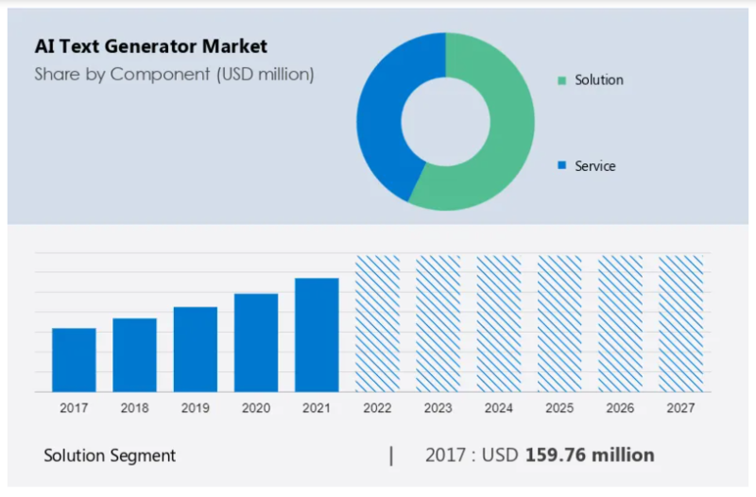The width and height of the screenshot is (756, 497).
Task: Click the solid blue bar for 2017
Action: tap(74, 360)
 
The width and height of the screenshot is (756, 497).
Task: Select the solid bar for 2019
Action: tap(196, 350)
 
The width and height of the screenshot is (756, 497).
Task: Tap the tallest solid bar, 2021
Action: tap(317, 334)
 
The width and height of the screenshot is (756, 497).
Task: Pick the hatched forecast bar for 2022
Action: tap(377, 323)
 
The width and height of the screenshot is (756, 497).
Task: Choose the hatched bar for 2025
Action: tap(559, 323)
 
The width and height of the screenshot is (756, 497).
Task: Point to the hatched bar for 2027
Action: tap(680, 323)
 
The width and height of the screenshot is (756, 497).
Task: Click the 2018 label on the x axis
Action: tap(134, 408)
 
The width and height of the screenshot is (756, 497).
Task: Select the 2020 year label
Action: tap(256, 408)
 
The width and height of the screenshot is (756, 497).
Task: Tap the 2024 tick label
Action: tap(499, 408)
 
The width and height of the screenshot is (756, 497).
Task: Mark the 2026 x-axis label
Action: tap(620, 408)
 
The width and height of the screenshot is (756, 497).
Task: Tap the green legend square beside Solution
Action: tap(561, 80)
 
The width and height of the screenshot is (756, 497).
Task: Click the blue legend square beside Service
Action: tap(561, 165)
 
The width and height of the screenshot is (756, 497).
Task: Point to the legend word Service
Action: tap(595, 166)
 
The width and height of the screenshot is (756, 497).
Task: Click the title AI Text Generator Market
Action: tap(151, 45)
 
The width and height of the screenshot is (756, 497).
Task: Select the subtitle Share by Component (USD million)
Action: tap(174, 74)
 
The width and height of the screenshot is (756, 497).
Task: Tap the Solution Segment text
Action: tap(110, 455)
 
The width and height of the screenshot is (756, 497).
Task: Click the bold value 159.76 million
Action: tap(590, 455)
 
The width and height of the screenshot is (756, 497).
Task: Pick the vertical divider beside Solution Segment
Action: tap(391, 455)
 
